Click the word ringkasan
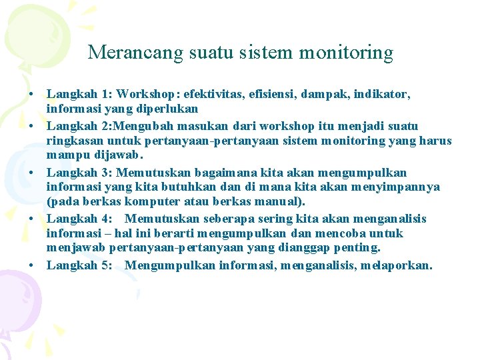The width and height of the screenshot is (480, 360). coord(75,141)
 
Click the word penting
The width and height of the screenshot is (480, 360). coord(358,248)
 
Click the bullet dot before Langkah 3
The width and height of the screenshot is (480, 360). coord(32,173)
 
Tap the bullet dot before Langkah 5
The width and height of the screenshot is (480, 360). coord(32,265)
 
